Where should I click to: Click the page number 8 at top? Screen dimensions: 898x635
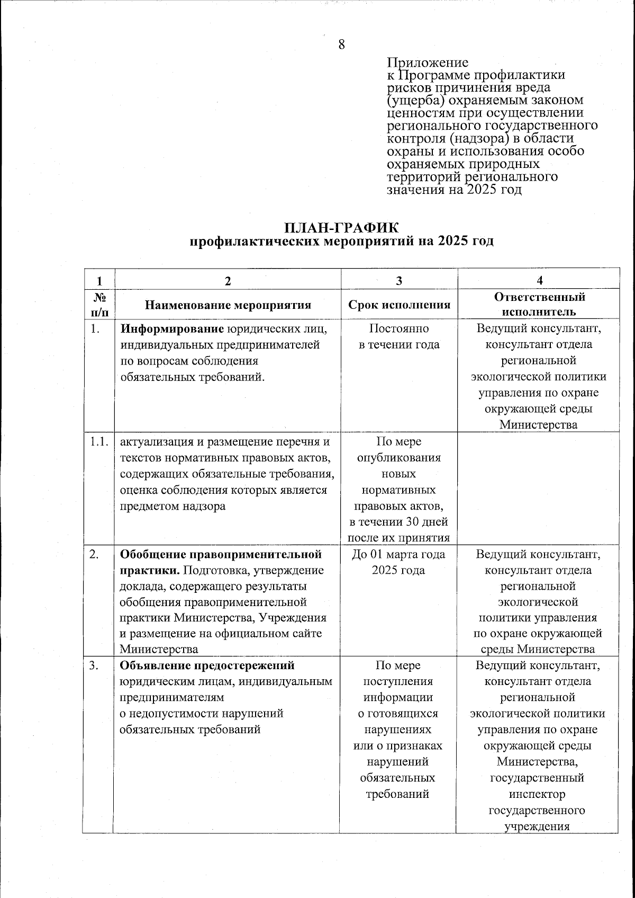click(x=342, y=45)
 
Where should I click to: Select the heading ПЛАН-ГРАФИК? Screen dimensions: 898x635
click(x=341, y=228)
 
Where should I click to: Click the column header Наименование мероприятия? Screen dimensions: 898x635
click(x=228, y=305)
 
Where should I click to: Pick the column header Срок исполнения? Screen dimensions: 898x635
click(x=399, y=305)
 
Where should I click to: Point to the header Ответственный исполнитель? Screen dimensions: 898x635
click(x=539, y=304)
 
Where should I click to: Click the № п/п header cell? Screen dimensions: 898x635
click(x=97, y=304)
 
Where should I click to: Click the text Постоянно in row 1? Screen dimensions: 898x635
click(x=399, y=329)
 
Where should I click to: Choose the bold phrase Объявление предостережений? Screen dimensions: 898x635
click(x=207, y=665)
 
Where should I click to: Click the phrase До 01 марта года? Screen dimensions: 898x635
click(x=399, y=555)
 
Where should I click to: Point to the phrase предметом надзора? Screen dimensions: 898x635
click(x=173, y=506)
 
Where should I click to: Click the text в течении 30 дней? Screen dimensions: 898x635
click(x=399, y=522)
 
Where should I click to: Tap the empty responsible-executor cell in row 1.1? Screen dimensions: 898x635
click(x=539, y=487)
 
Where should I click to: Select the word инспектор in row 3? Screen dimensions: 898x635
click(x=538, y=794)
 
